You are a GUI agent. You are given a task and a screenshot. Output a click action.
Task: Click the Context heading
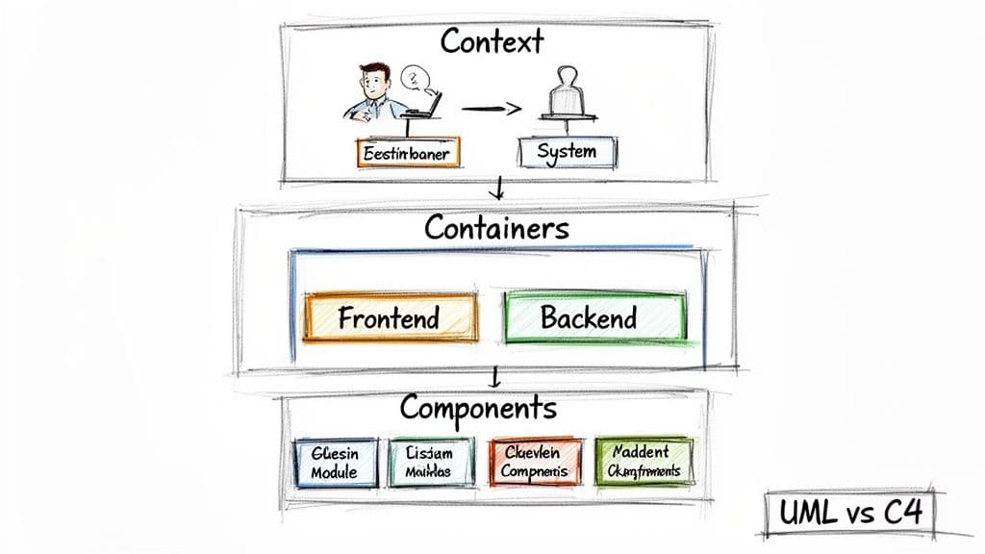pyautogui.click(x=492, y=41)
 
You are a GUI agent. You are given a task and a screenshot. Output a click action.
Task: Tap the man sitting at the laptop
pyautogui.click(x=373, y=92)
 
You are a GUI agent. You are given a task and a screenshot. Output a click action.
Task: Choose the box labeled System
pyautogui.click(x=567, y=152)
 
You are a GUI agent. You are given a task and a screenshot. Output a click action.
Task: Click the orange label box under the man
pyautogui.click(x=408, y=153)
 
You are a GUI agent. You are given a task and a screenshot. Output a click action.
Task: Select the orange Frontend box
pyautogui.click(x=390, y=317)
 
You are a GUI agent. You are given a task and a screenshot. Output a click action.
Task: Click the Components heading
pyautogui.click(x=478, y=407)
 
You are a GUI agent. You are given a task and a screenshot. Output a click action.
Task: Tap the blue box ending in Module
pyautogui.click(x=334, y=462)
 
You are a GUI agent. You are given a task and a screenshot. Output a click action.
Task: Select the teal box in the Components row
pyautogui.click(x=433, y=462)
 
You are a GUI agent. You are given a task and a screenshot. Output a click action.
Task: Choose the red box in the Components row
pyautogui.click(x=536, y=462)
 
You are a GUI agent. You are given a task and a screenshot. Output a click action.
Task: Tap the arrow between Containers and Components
pyautogui.click(x=493, y=376)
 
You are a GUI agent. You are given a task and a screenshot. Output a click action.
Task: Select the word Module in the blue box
pyautogui.click(x=334, y=472)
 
